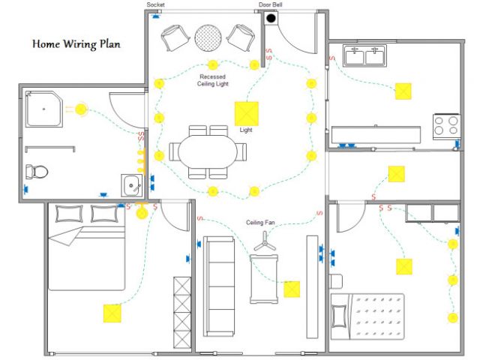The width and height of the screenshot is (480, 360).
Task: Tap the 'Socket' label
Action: tap(155, 5)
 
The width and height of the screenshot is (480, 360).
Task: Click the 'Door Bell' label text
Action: tap(270, 5)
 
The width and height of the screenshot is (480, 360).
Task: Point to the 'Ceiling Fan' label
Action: tap(262, 223)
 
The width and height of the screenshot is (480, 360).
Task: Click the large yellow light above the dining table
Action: tap(246, 112)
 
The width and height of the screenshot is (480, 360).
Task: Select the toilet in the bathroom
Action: tap(37, 172)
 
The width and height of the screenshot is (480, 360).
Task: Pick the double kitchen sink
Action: tap(363, 56)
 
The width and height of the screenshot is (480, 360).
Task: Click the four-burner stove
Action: tap(446, 124)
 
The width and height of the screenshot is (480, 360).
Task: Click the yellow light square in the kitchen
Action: tap(403, 91)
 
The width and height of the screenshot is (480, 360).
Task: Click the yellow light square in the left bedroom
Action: tap(112, 312)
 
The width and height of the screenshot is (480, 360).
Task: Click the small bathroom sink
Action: tap(132, 184)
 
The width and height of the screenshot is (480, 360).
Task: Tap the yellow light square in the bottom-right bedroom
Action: tap(404, 267)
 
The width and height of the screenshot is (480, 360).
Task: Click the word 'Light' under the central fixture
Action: tap(246, 130)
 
